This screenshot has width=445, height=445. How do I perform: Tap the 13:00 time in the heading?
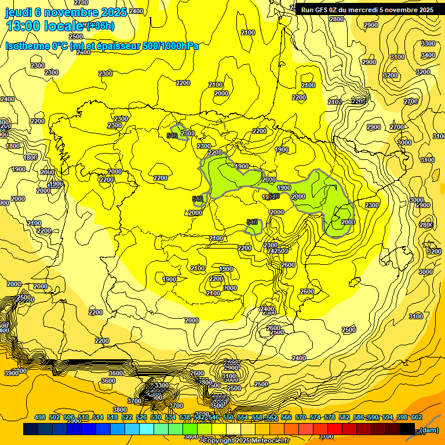[27, 25]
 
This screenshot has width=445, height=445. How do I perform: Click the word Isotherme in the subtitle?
[28, 46]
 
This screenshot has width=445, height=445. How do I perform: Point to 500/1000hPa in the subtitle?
[170, 46]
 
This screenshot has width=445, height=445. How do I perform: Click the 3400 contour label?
[428, 55]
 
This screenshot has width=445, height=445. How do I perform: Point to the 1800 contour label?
[30, 158]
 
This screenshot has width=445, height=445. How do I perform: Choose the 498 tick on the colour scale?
[40, 417]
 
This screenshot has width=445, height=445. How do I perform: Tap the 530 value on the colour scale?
[156, 417]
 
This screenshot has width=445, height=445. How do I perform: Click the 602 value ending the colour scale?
[417, 417]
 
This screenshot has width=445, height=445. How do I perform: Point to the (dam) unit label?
[429, 429]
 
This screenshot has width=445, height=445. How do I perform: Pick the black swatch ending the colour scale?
[407, 429]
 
